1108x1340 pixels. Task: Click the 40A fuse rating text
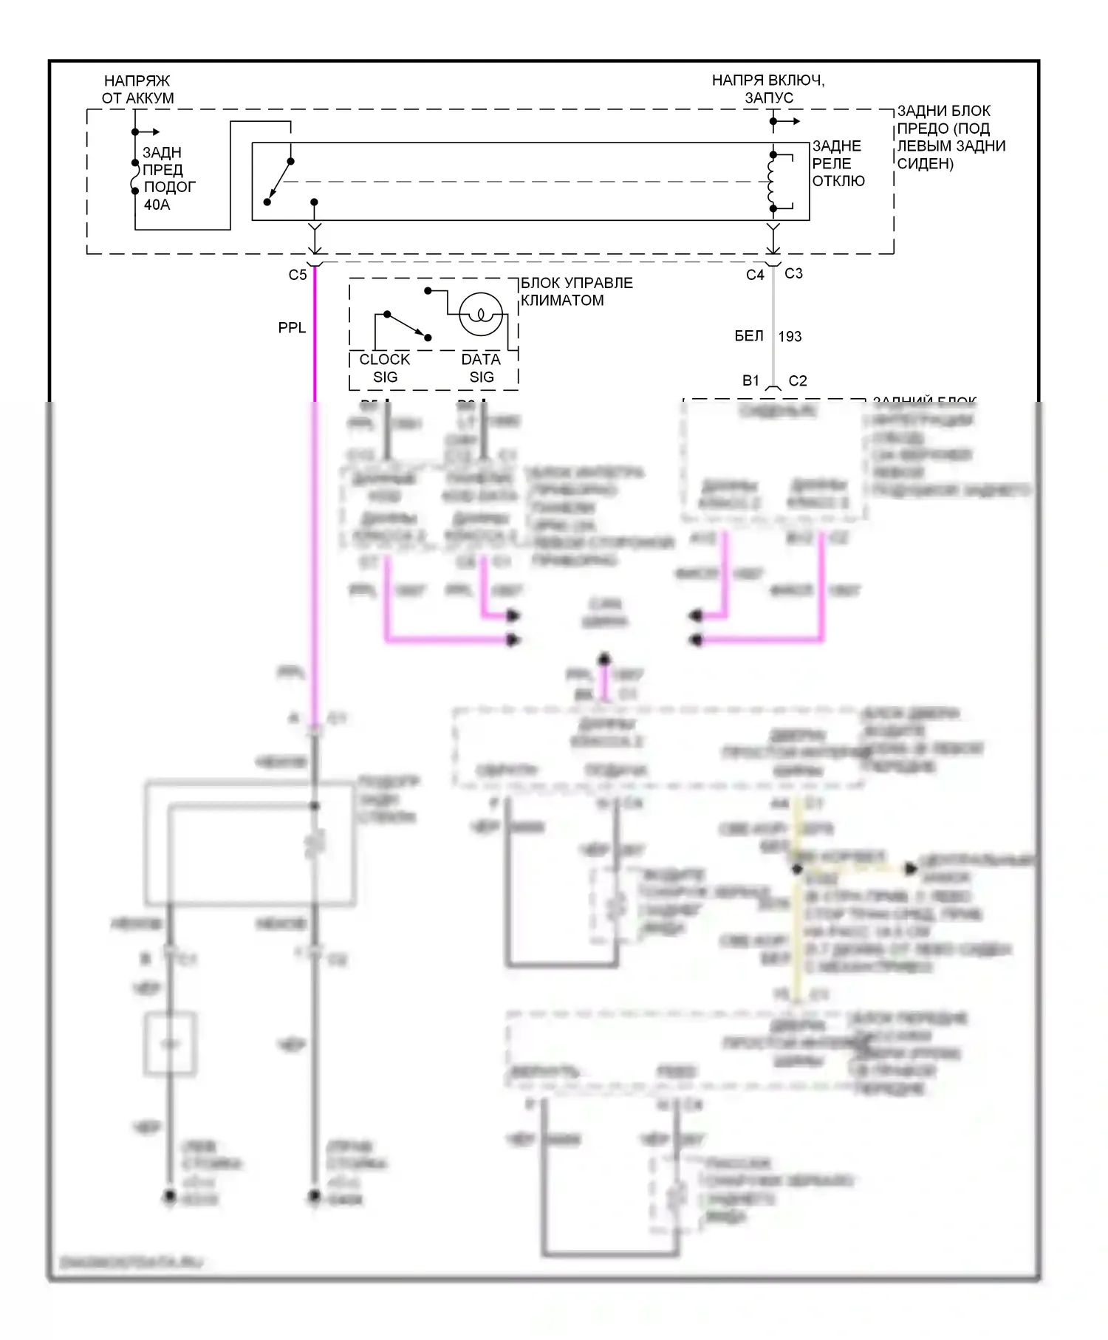pyautogui.click(x=157, y=205)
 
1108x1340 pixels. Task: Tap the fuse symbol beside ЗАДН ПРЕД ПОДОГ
pyautogui.click(x=135, y=177)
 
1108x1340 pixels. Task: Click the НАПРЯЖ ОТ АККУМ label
pyautogui.click(x=137, y=89)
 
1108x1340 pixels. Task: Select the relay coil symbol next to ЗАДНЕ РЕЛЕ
pyautogui.click(x=772, y=182)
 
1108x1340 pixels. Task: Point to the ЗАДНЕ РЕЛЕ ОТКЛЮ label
pyautogui.click(x=838, y=163)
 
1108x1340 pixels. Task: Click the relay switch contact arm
pyautogui.click(x=279, y=181)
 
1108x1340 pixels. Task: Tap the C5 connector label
pyautogui.click(x=298, y=275)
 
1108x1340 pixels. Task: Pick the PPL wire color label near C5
pyautogui.click(x=292, y=327)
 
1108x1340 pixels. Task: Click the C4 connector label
pyautogui.click(x=755, y=275)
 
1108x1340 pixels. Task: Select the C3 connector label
pyautogui.click(x=793, y=273)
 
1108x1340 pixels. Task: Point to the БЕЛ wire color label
pyautogui.click(x=749, y=336)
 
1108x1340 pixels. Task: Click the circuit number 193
pyautogui.click(x=790, y=337)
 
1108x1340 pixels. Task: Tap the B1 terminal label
pyautogui.click(x=750, y=380)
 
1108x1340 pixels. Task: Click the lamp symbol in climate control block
pyautogui.click(x=481, y=315)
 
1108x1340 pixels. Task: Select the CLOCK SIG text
pyautogui.click(x=385, y=368)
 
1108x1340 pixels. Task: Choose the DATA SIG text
pyautogui.click(x=481, y=368)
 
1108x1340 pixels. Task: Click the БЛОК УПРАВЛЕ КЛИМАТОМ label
pyautogui.click(x=576, y=292)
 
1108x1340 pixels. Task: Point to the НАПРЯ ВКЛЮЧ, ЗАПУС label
pyautogui.click(x=768, y=89)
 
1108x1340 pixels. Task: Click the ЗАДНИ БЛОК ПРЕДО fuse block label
pyautogui.click(x=951, y=137)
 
